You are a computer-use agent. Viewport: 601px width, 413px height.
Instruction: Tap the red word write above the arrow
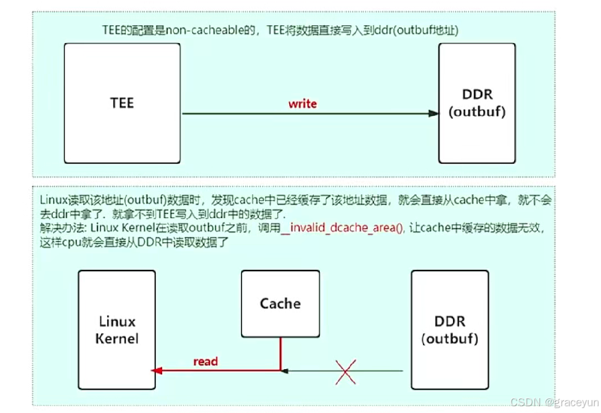(302, 104)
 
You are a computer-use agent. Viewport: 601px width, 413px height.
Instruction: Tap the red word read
(205, 361)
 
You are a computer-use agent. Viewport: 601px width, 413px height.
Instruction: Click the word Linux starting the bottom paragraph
(52, 200)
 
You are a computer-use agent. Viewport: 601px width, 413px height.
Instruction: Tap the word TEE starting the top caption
(112, 30)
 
